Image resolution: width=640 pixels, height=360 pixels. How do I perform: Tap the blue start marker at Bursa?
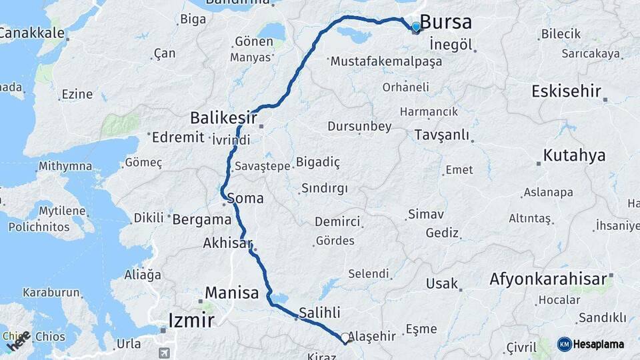point(416,27)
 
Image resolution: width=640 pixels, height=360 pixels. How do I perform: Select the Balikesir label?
point(223,118)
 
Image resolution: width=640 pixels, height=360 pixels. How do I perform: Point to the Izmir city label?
point(192,321)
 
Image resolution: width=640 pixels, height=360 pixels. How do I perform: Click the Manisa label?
point(231,293)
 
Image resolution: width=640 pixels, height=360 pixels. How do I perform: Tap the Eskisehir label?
point(566,92)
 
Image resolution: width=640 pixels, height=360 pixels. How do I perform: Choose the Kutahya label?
point(574,156)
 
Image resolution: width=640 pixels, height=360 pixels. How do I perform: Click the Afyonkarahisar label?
point(549,279)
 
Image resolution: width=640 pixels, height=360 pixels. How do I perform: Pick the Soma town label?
point(245,199)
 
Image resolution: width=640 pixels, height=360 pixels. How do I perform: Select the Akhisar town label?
point(228,243)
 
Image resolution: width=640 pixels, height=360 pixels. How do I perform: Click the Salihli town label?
point(320,313)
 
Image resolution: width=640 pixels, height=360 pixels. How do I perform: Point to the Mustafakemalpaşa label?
point(385,61)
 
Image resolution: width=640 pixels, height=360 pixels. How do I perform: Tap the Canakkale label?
point(31,32)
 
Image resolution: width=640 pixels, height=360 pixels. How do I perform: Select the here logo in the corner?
point(18,340)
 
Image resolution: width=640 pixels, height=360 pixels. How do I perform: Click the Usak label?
point(443,283)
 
